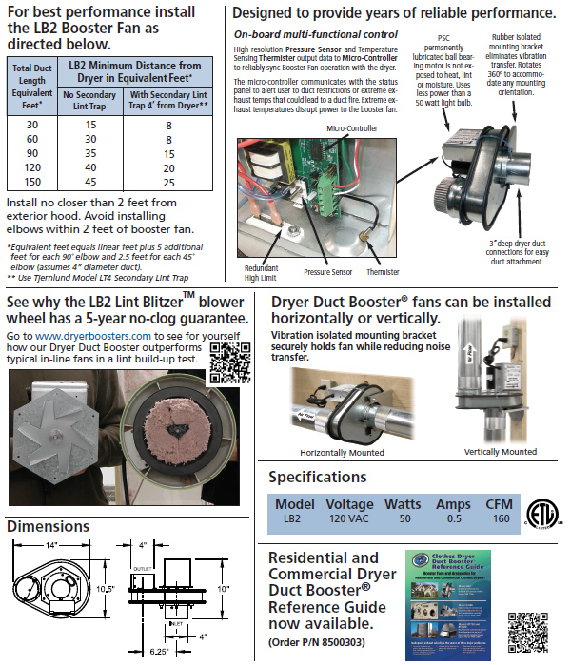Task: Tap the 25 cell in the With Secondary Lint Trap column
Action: (167, 182)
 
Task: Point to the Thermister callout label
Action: (383, 272)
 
